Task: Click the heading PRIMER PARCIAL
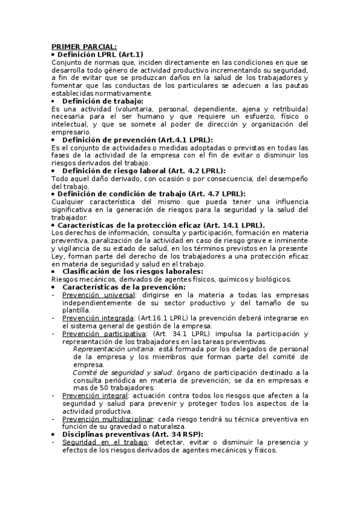[x=84, y=46]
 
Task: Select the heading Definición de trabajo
[x=103, y=101]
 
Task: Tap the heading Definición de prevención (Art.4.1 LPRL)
[x=138, y=140]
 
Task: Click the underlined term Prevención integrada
[x=98, y=318]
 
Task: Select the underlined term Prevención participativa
[x=104, y=333]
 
